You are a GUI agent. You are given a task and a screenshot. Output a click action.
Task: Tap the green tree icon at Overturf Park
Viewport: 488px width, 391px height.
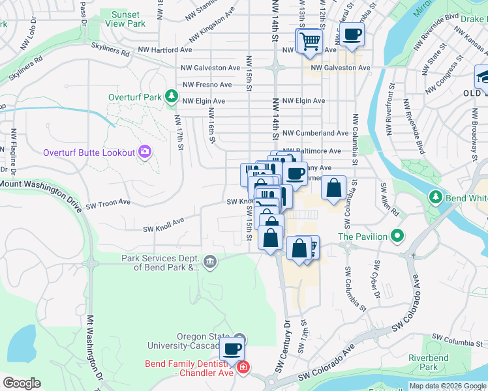(171, 97)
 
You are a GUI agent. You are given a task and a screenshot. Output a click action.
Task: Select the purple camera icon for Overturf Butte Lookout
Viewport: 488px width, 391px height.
(144, 152)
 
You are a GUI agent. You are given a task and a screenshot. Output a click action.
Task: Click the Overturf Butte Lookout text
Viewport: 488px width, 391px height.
(89, 153)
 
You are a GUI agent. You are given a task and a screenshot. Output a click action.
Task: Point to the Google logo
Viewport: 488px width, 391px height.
(22, 383)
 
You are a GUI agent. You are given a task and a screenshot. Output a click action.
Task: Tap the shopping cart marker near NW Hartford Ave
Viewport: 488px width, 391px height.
(309, 42)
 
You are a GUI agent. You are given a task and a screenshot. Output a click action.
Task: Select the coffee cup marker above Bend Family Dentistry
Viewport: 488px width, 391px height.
(232, 348)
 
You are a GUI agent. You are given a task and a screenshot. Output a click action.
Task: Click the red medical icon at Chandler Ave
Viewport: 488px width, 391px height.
(243, 368)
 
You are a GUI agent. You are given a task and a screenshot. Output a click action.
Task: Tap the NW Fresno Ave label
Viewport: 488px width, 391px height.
(207, 85)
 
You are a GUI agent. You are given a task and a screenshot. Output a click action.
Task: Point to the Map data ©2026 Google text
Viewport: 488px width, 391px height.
(447, 386)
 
